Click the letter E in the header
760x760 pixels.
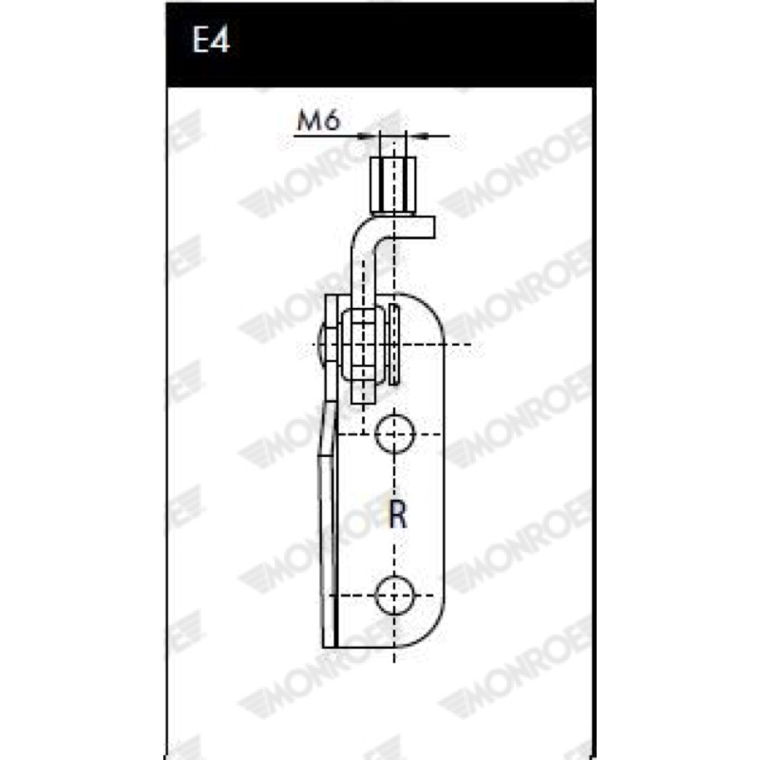(201, 39)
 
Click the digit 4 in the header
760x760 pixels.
(220, 39)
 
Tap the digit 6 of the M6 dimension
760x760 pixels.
(332, 121)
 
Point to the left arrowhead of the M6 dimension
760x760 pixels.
(369, 137)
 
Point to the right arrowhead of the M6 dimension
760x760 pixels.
(417, 137)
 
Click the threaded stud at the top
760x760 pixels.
(393, 184)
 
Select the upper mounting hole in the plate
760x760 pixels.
(395, 434)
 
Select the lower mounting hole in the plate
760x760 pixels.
(395, 596)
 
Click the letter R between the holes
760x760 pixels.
(398, 515)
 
